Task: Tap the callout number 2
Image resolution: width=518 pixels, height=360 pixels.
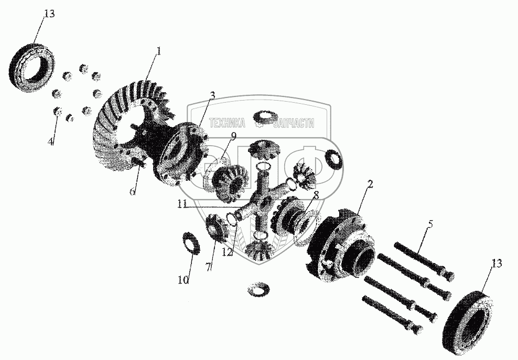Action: pos(370,184)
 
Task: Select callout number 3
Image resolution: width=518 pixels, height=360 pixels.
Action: pos(212,95)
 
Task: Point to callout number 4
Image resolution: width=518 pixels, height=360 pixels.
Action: pos(50,141)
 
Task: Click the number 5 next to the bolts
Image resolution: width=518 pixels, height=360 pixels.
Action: pos(430,224)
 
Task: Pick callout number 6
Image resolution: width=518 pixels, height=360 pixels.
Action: pos(133,192)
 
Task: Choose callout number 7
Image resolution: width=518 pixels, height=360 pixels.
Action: pos(208,267)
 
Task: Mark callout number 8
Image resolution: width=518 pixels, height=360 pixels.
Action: pos(316,195)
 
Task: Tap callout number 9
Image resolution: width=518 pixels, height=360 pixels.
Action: pos(233,136)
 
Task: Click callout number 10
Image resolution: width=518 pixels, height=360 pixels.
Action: pos(184,280)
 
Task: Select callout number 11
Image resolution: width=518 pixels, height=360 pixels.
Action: pos(182,205)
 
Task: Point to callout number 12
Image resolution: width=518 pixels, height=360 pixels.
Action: pos(228,253)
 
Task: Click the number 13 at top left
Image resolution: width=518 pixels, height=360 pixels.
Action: pos(48,14)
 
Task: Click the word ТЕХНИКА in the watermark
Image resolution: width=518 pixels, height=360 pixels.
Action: pos(228,123)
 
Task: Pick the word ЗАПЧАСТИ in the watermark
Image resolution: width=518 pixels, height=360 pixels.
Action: pos(294,123)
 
